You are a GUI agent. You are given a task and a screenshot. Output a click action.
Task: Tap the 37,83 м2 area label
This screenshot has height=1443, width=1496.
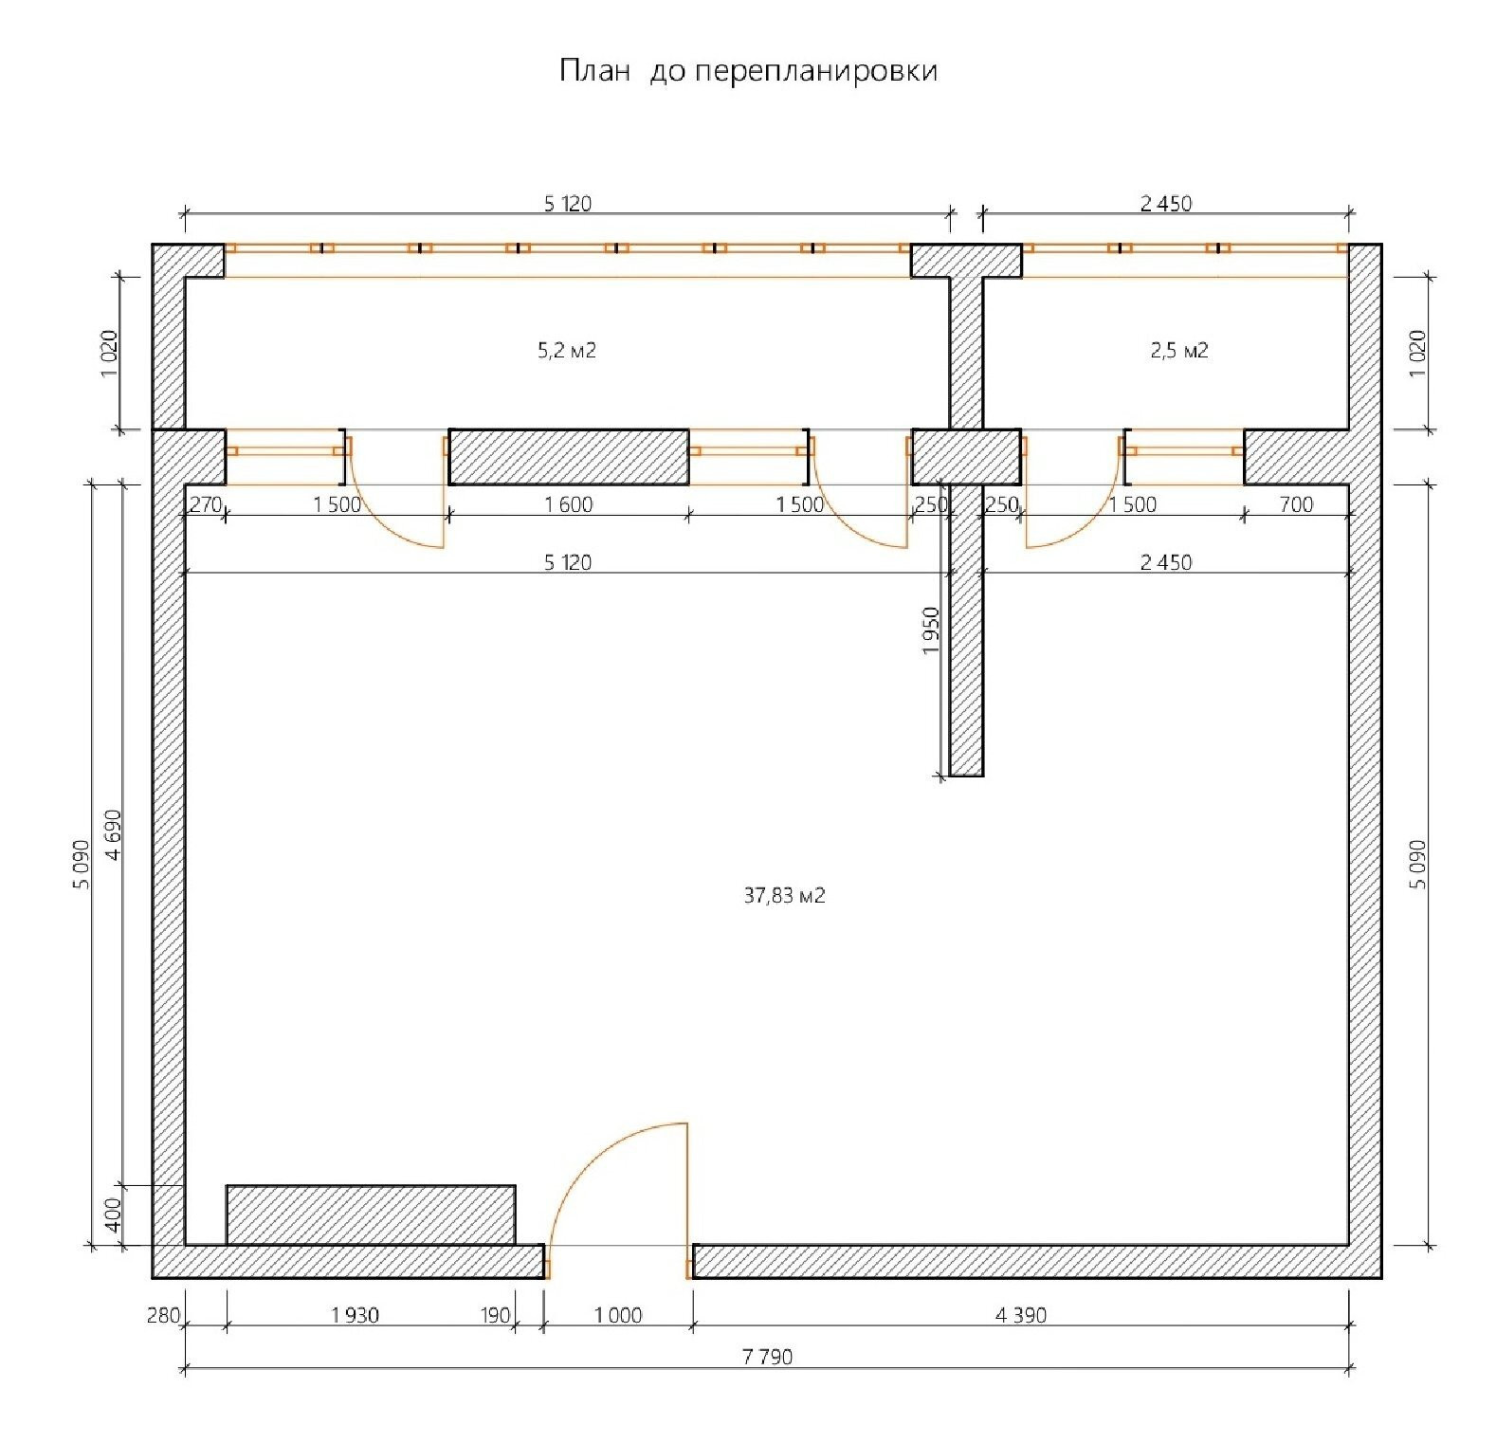tap(784, 895)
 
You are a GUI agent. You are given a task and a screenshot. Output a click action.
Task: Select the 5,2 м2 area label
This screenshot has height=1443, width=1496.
tap(567, 351)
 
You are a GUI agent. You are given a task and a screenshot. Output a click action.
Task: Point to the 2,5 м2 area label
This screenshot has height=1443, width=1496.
tap(1179, 351)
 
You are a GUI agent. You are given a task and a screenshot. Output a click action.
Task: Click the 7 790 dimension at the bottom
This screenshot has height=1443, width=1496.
tap(767, 1357)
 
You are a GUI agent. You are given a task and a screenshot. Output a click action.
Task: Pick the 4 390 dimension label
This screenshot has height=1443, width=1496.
tap(1021, 1315)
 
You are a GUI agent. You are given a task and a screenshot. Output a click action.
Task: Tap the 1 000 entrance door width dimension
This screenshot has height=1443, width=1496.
tap(618, 1315)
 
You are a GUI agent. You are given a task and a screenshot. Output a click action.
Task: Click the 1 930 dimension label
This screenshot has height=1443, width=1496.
tap(356, 1315)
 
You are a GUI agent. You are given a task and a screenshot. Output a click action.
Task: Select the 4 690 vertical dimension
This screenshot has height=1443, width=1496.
tap(114, 834)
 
